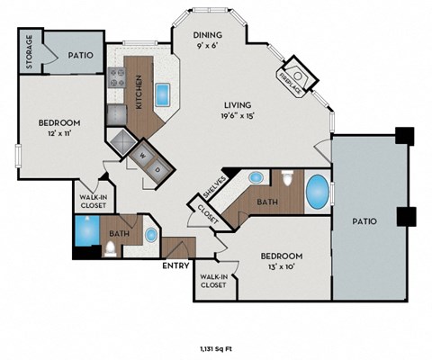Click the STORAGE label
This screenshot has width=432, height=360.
(x=29, y=51)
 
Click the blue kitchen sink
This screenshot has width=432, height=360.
(x=165, y=93)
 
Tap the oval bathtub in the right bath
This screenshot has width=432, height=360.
(x=319, y=192)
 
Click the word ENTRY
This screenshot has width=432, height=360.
(x=175, y=266)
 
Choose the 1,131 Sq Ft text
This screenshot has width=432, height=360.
(x=215, y=347)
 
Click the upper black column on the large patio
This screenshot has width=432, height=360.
(x=406, y=137)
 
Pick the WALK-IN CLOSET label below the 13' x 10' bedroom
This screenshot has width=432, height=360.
(x=213, y=281)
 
